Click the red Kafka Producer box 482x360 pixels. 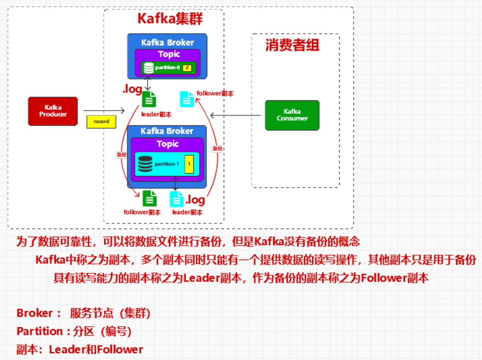pos(53,111)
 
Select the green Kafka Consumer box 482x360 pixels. pos(292,115)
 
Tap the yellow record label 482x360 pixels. pos(101,122)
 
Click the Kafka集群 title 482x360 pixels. pos(170,19)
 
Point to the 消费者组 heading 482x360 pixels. pos(292,45)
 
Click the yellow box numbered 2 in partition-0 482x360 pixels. pos(187,68)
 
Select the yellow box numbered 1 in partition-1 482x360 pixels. pos(189,164)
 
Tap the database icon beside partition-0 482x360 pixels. pos(149,68)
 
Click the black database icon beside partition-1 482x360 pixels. pos(145,164)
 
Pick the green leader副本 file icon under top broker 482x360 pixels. pos(149,99)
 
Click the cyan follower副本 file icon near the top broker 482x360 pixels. pos(187,99)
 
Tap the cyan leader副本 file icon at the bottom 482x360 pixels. pos(177,199)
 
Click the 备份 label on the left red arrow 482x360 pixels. pos(121,154)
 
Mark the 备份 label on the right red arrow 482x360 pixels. pos(217,149)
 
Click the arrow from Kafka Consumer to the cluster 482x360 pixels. pos(235,115)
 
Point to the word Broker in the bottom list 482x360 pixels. pos(34,313)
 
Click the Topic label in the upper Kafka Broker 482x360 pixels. pos(169,54)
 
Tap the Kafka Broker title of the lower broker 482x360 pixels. pos(167,131)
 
